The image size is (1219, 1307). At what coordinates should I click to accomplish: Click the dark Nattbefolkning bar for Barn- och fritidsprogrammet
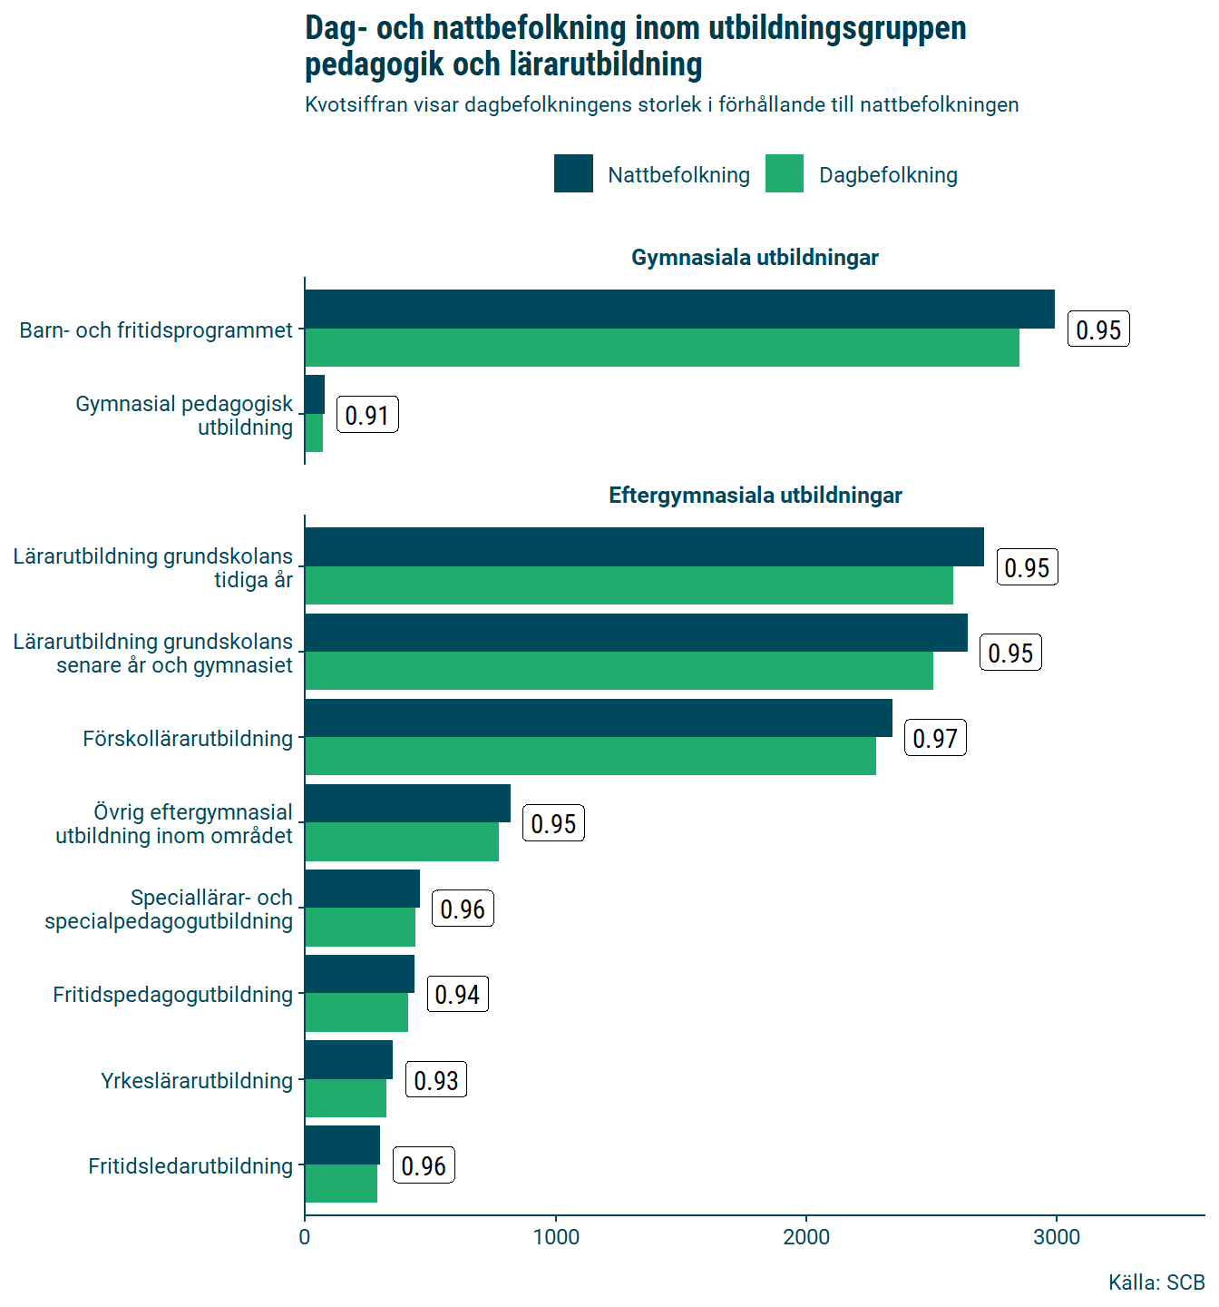tap(679, 310)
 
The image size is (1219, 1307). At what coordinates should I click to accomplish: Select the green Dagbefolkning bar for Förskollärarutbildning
tap(590, 756)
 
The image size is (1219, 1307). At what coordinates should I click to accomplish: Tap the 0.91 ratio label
tap(367, 416)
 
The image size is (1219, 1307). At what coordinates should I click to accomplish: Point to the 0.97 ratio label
tap(935, 739)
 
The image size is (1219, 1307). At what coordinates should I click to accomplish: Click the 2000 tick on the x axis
tap(806, 1237)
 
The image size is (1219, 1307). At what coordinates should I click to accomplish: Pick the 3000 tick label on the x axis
tap(1057, 1237)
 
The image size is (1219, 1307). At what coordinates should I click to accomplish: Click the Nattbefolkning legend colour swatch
tap(573, 173)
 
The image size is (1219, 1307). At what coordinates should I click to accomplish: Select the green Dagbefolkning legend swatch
tap(785, 173)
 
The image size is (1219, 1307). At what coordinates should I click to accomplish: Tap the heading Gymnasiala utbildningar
tap(755, 258)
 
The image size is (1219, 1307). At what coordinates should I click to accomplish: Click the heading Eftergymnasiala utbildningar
tap(755, 496)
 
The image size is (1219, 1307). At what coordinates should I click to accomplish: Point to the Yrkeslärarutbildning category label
tap(197, 1081)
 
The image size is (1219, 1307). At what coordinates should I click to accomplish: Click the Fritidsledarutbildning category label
tap(190, 1166)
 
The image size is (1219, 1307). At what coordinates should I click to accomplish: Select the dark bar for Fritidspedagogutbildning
tap(359, 974)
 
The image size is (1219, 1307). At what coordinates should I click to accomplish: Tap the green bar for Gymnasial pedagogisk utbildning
tap(314, 433)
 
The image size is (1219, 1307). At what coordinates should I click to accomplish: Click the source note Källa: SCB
tap(1156, 1282)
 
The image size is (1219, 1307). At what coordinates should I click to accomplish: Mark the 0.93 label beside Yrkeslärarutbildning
tap(436, 1080)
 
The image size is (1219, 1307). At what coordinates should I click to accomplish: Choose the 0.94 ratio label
tap(457, 995)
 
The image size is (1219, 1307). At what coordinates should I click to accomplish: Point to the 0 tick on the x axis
tap(305, 1237)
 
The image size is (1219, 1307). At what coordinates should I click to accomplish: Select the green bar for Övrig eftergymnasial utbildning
tap(402, 841)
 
